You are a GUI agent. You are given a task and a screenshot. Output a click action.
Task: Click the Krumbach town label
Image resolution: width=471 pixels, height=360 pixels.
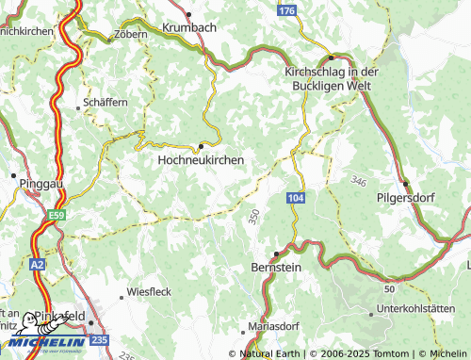[x=189, y=27]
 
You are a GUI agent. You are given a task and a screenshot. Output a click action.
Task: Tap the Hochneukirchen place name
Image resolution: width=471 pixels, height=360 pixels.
[x=200, y=160]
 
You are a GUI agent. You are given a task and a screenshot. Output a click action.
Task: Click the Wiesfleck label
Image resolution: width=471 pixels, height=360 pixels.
[x=149, y=292]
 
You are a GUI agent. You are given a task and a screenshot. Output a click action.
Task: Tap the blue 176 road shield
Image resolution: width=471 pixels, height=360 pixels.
[x=287, y=9]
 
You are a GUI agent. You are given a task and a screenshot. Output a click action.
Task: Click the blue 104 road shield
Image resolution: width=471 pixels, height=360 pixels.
[x=296, y=197]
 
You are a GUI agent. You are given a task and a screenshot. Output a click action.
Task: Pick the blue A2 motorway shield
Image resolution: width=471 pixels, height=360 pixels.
[x=37, y=266]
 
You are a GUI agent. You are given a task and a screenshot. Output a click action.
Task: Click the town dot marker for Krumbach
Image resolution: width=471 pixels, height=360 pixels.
[x=189, y=14]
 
